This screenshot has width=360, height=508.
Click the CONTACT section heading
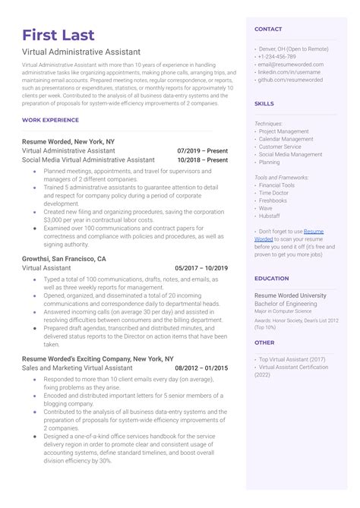click(x=268, y=29)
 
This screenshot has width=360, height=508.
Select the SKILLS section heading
click(x=264, y=103)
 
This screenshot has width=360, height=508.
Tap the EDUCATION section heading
click(x=272, y=279)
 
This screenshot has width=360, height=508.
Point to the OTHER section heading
click(x=264, y=342)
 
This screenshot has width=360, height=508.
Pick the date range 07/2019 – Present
click(x=202, y=150)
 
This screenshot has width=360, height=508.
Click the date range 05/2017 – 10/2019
click(x=201, y=268)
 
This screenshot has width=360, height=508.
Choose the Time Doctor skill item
click(x=273, y=193)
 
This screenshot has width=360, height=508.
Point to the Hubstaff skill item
click(x=270, y=216)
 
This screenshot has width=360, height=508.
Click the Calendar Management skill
click(x=286, y=139)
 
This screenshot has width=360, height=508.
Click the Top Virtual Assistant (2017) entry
click(x=292, y=358)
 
